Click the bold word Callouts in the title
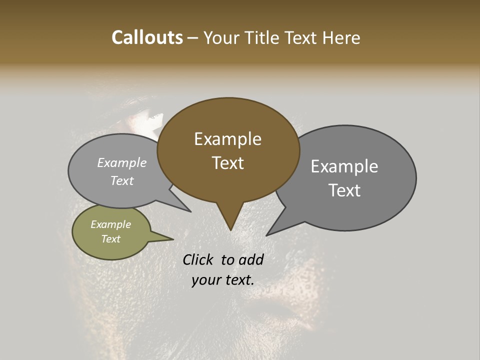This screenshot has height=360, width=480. (x=147, y=37)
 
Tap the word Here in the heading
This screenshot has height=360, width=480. (x=341, y=37)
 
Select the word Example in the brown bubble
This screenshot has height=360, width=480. (x=227, y=139)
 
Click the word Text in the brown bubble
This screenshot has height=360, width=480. (x=227, y=163)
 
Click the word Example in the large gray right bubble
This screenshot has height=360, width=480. (x=344, y=166)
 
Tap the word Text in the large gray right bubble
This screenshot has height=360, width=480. (x=344, y=190)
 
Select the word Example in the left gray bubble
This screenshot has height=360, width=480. (x=121, y=163)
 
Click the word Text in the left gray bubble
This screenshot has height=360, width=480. (x=121, y=181)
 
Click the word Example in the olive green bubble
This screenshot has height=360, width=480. (x=110, y=224)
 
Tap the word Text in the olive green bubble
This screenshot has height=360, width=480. (x=110, y=239)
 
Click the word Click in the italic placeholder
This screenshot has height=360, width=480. (x=198, y=259)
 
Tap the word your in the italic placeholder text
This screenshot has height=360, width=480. (x=205, y=280)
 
